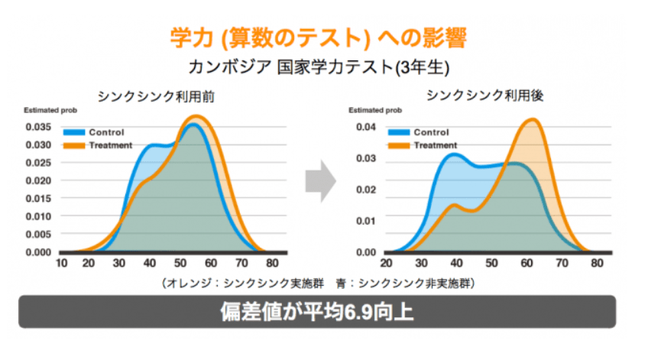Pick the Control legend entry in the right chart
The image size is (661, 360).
click(x=431, y=132)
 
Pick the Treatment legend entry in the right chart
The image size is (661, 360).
click(x=436, y=145)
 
